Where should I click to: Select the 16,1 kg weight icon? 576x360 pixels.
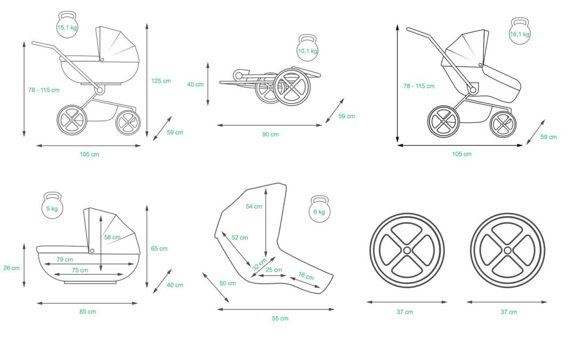click(x=519, y=32)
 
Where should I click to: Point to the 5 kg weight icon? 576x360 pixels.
click(x=52, y=206)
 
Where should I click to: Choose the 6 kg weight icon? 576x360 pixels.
click(x=319, y=210)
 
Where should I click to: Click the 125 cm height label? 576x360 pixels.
click(x=161, y=81)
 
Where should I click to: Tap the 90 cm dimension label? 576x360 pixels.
click(x=270, y=134)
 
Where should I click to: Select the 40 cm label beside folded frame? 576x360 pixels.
click(x=195, y=84)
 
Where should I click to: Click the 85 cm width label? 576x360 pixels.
click(x=88, y=312)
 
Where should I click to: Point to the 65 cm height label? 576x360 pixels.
click(x=159, y=249)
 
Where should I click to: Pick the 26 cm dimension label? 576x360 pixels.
click(x=11, y=268)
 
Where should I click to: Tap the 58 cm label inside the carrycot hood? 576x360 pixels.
click(x=113, y=237)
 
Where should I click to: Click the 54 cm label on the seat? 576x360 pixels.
click(x=254, y=206)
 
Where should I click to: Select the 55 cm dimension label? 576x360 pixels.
click(x=280, y=318)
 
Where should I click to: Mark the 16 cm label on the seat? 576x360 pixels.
click(x=306, y=277)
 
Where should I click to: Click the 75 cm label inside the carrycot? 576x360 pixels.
click(x=80, y=270)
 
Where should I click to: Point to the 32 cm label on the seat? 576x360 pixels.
click(x=259, y=264)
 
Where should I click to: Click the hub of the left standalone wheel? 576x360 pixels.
click(x=407, y=250)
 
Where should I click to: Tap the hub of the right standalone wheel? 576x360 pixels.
click(x=507, y=250)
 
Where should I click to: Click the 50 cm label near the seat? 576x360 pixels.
click(x=228, y=284)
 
